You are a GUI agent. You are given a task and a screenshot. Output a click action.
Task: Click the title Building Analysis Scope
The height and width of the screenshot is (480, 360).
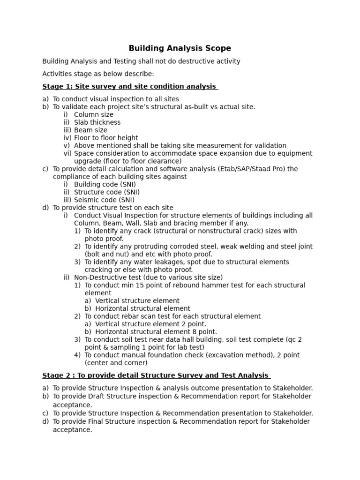point(180,48)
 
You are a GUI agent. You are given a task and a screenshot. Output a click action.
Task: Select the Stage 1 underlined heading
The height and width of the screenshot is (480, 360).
point(130,86)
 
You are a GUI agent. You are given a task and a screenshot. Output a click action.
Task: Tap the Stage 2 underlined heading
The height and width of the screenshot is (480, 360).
point(156,375)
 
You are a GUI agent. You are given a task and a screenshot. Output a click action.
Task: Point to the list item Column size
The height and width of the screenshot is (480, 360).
point(94,114)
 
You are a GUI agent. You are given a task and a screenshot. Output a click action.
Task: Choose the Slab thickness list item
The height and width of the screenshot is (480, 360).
point(97,122)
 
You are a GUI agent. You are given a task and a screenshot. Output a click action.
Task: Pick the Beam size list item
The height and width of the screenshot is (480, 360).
point(90,130)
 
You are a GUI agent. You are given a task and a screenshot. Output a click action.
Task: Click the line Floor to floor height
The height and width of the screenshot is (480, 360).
point(106,138)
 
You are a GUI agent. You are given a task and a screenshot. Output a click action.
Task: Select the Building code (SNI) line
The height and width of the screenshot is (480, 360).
point(105,184)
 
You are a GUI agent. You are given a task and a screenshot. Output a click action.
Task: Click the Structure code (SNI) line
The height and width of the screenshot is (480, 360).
point(107,192)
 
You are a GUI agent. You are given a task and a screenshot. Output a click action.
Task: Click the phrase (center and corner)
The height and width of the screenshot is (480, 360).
point(116,362)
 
